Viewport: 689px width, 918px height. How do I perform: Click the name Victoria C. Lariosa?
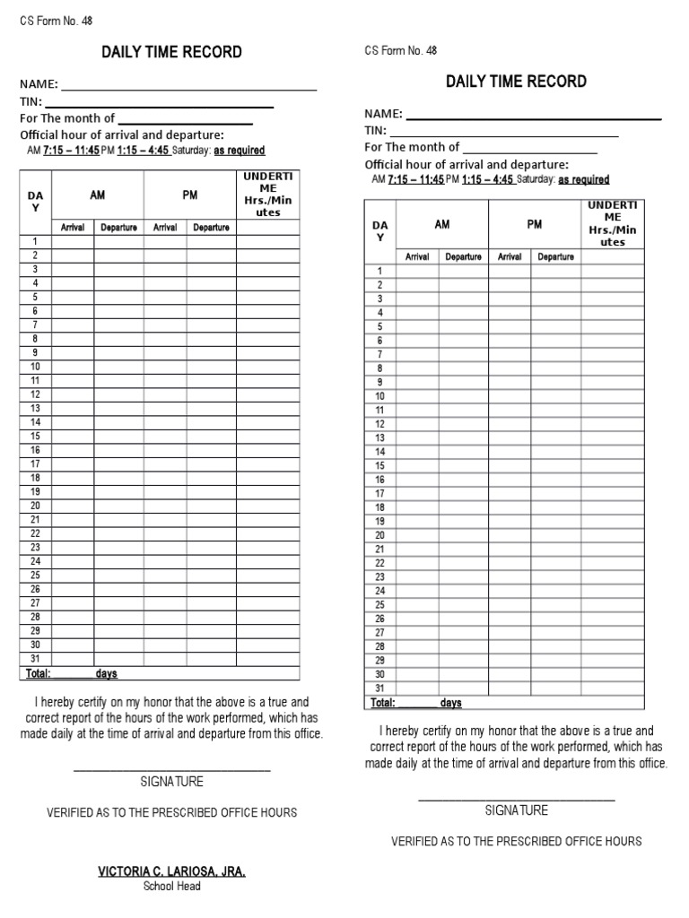coord(171,871)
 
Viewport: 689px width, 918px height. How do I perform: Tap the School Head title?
coord(171,887)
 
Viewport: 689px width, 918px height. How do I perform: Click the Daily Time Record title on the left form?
coord(171,52)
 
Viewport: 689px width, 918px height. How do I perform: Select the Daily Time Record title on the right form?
coord(516,82)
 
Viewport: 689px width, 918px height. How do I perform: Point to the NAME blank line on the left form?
coord(188,89)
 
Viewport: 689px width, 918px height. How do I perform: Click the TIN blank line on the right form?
coord(503,134)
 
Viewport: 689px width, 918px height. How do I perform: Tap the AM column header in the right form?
coord(442,225)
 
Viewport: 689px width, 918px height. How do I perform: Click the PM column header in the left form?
coord(190,195)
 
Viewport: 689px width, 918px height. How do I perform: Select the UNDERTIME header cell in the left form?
coord(267,195)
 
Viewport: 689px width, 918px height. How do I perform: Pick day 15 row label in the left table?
coord(36,437)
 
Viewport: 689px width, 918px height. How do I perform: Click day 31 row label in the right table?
coord(379,688)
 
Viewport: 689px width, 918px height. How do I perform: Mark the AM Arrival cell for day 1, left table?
coord(73,242)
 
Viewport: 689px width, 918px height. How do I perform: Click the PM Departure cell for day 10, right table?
coord(555,396)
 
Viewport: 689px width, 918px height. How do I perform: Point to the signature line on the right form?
coord(516,799)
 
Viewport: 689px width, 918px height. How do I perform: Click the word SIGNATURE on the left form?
coord(171,782)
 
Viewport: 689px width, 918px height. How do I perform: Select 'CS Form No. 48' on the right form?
coord(400,51)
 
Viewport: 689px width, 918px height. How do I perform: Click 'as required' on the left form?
coord(239,151)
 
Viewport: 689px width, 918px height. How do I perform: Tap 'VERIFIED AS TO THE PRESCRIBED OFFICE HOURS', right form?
coord(516,842)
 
